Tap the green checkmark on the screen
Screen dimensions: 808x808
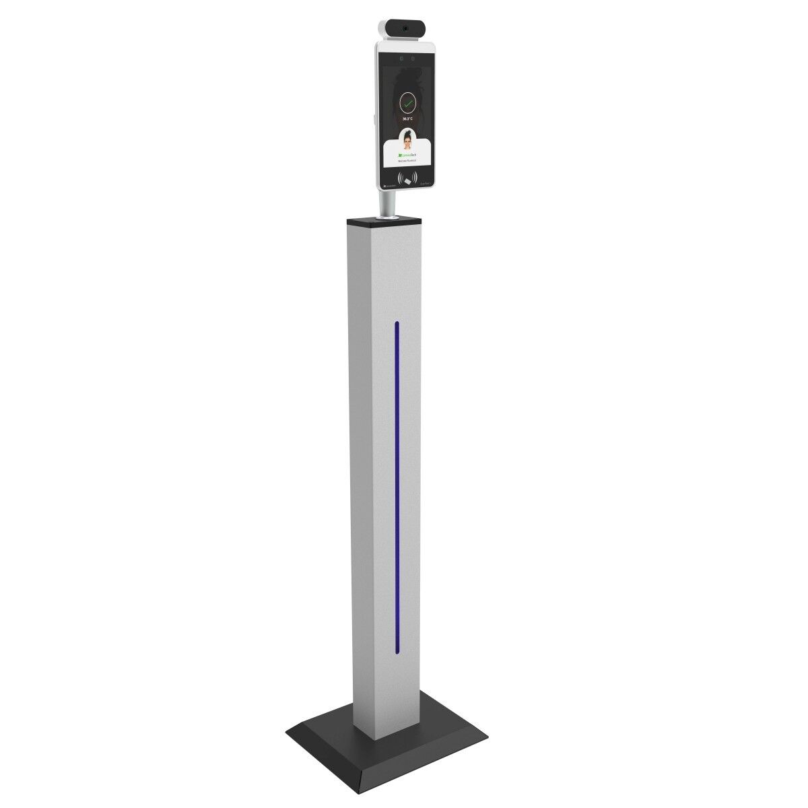point(407,102)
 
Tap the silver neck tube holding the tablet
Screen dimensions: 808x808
point(387,202)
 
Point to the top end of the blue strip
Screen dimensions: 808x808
point(397,325)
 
